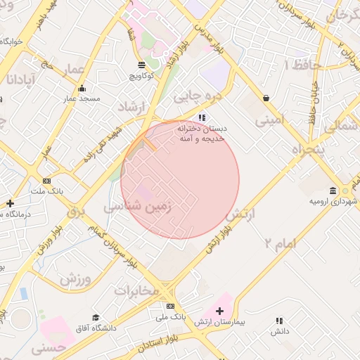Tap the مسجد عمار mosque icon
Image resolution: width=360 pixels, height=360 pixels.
(82, 89)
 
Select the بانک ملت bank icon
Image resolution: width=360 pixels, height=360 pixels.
(47, 181)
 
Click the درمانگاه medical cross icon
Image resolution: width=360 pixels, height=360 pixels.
(10, 204)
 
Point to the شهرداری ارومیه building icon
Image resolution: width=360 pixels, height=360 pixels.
(333, 191)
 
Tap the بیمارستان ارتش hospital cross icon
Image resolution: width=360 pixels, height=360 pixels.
(220, 311)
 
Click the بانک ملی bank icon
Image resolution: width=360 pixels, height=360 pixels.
(170, 307)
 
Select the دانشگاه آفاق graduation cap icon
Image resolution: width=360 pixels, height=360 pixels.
(96, 318)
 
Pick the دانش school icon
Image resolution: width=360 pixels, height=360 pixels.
(280, 321)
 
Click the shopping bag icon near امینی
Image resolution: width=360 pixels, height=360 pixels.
(266, 98)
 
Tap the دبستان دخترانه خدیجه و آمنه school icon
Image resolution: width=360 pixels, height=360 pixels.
(202, 117)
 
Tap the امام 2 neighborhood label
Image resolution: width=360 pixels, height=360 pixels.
(281, 243)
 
